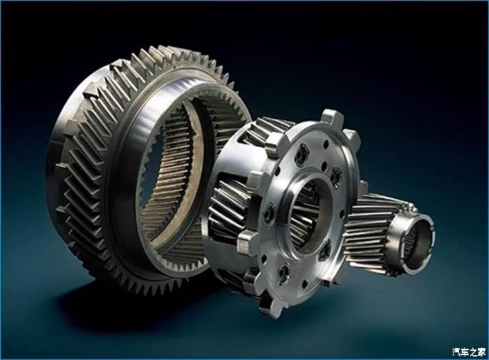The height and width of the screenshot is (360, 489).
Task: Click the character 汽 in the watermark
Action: pos(456,352)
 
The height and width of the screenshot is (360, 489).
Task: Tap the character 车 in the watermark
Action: pos(465,352)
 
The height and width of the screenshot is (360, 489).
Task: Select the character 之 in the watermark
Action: pos(473,352)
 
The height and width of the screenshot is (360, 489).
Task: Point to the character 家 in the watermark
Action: pos(481,352)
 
